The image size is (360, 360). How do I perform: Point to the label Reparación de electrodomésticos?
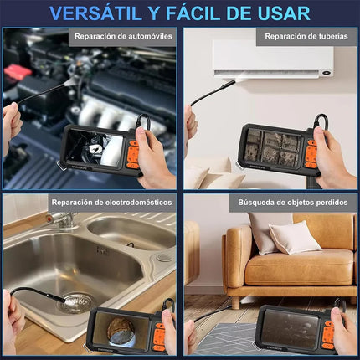coord(111,202)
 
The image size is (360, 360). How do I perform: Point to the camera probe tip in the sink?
coord(69,293)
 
